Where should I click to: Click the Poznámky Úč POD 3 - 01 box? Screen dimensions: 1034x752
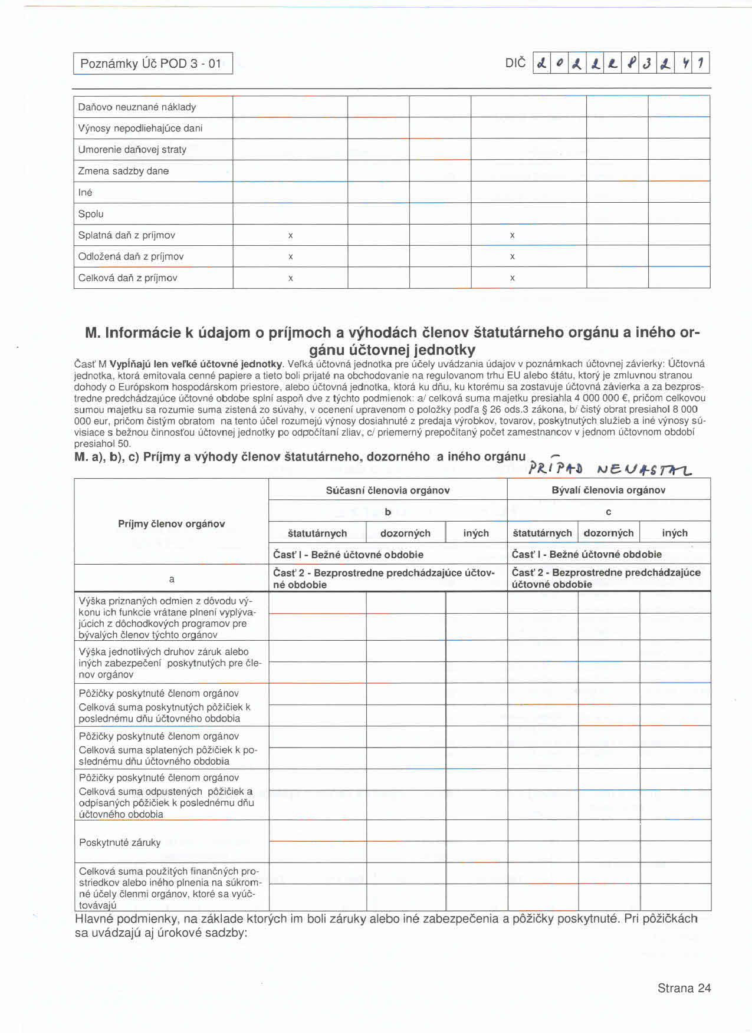[153, 64]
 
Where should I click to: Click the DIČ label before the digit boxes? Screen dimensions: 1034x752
[515, 63]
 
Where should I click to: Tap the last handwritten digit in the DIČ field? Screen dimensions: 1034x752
[701, 63]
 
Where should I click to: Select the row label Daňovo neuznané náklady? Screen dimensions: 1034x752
[137, 107]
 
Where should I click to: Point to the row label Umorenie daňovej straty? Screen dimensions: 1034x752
[132, 150]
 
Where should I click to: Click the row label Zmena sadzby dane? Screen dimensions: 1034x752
[123, 171]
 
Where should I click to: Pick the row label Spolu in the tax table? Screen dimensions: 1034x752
[91, 214]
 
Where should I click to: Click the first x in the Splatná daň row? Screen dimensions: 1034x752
[290, 235]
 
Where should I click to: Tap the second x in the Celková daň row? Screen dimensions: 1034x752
[512, 278]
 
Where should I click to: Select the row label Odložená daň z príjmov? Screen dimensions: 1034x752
[131, 256]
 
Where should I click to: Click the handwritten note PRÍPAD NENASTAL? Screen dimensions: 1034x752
[610, 469]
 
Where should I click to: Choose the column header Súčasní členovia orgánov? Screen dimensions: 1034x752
[388, 490]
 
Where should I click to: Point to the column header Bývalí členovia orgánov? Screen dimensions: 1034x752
[608, 490]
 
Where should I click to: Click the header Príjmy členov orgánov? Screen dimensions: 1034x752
[171, 524]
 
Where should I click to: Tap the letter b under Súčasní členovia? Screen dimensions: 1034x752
[388, 512]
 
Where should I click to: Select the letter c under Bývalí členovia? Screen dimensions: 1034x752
[608, 512]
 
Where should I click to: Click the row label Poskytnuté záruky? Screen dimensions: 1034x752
[120, 842]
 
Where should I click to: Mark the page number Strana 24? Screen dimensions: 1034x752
[684, 989]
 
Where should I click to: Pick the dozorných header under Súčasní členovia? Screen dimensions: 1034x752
[405, 534]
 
